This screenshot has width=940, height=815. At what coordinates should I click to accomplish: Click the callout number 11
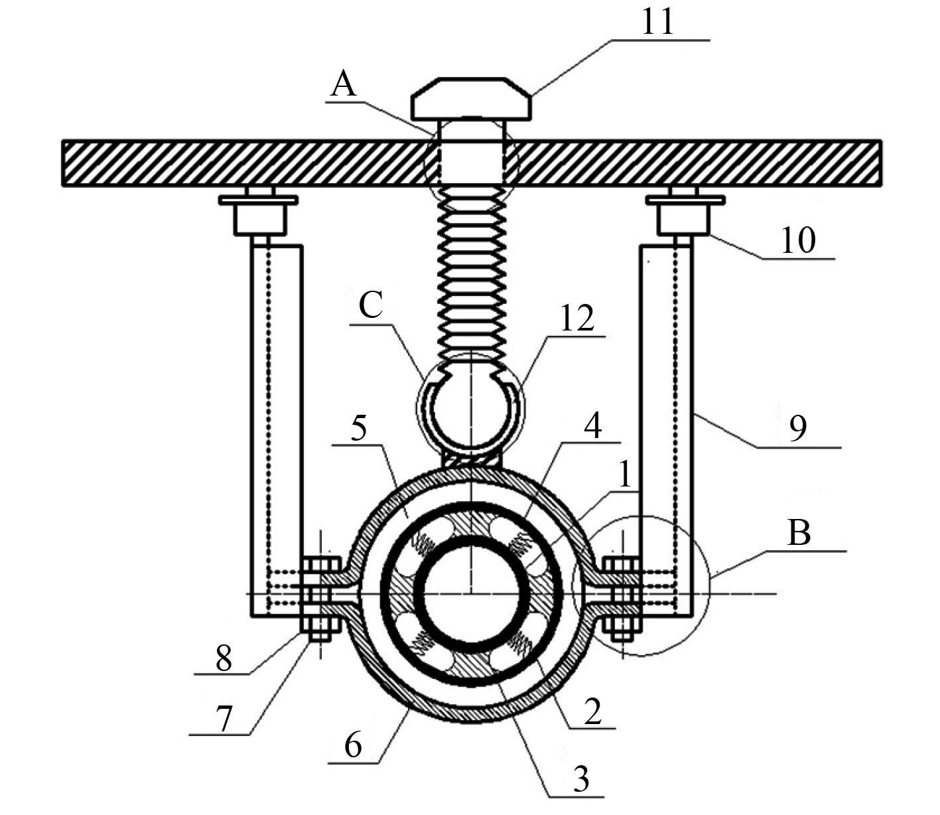(x=657, y=22)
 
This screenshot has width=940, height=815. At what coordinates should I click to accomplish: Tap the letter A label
(x=344, y=85)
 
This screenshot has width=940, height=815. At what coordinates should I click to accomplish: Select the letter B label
(x=799, y=533)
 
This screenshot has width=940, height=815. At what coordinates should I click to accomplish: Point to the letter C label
(x=371, y=305)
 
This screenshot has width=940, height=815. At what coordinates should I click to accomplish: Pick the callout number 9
(x=798, y=428)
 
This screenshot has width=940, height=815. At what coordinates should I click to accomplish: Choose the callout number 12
(x=576, y=318)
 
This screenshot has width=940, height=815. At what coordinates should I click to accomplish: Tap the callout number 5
(x=359, y=428)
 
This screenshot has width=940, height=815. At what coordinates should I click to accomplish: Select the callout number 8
(x=224, y=658)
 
